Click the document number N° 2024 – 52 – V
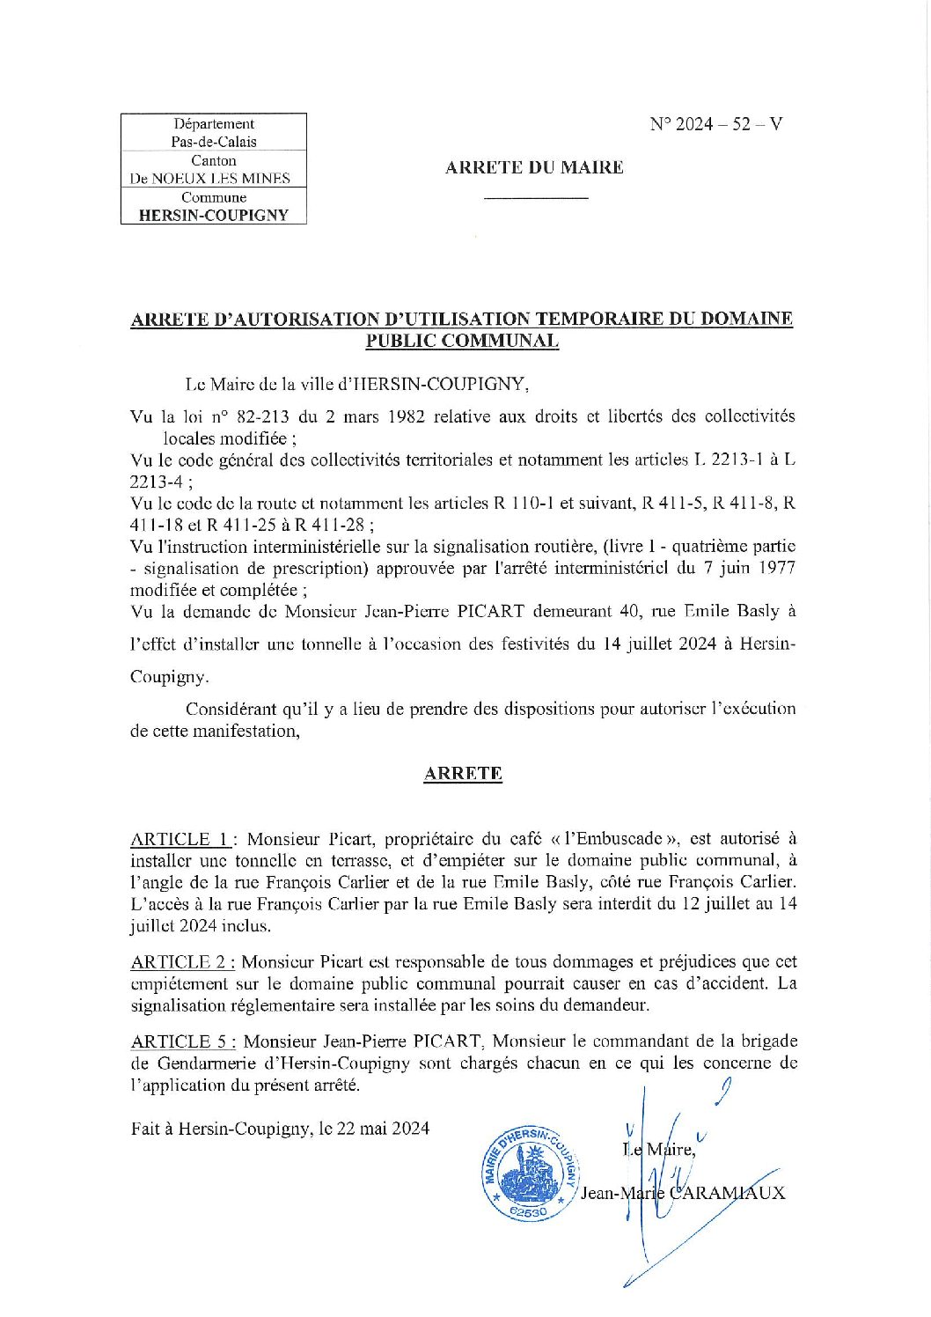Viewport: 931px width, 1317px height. pyautogui.click(x=715, y=124)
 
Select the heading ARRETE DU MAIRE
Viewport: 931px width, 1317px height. pyautogui.click(x=534, y=167)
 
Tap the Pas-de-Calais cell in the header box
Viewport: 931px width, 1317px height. pyautogui.click(x=214, y=142)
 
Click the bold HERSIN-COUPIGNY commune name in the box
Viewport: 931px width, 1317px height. pyautogui.click(x=214, y=216)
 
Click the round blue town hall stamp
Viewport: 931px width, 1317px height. pyautogui.click(x=530, y=1174)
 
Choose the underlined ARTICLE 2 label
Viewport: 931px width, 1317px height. pyautogui.click(x=182, y=962)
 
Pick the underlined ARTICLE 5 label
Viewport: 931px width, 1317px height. pyautogui.click(x=183, y=1041)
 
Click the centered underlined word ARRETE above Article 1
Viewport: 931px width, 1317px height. pyautogui.click(x=463, y=774)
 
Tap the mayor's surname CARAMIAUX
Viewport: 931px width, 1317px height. pyautogui.click(x=728, y=1194)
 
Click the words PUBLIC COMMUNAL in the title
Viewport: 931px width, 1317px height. pyautogui.click(x=462, y=342)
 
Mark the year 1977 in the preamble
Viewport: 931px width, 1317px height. pyautogui.click(x=775, y=568)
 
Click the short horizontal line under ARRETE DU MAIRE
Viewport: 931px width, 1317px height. pyautogui.click(x=536, y=198)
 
